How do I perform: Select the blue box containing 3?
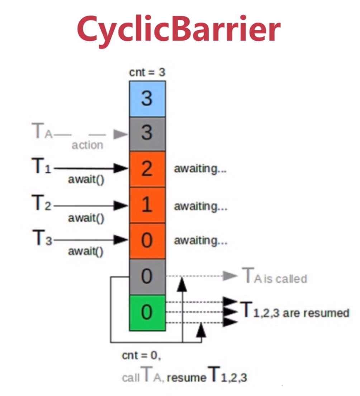point(147,99)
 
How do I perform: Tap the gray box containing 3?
point(147,133)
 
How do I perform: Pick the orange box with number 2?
point(147,169)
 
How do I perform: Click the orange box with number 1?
point(147,205)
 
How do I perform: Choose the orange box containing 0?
point(147,241)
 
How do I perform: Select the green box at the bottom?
point(147,312)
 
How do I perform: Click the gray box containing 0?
point(147,277)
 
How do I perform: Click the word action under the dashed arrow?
point(87,145)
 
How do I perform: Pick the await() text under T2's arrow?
point(86,217)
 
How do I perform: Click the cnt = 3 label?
point(147,73)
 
